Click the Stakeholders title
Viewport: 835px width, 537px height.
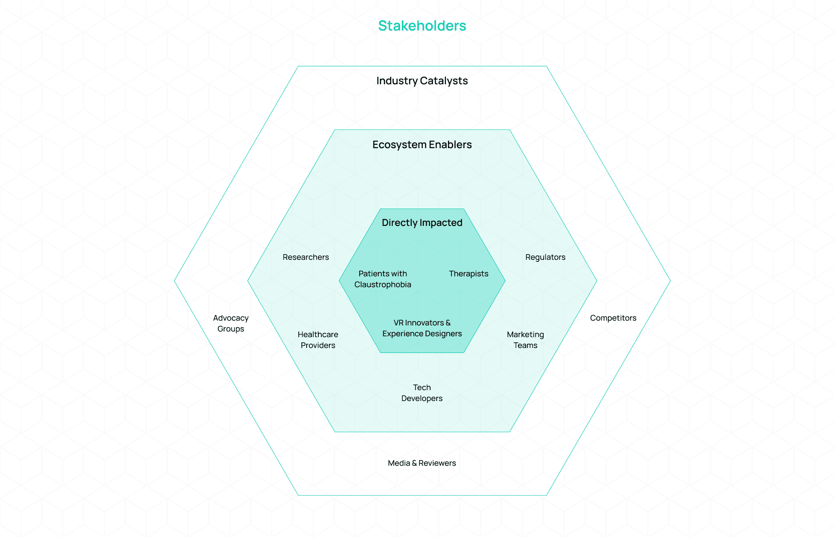pyautogui.click(x=422, y=26)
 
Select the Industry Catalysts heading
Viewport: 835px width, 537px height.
pyautogui.click(x=422, y=81)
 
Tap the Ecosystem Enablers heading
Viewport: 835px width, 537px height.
pyautogui.click(x=422, y=145)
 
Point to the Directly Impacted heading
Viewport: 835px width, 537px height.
pyautogui.click(x=422, y=223)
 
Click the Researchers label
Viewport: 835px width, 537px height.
pyautogui.click(x=306, y=257)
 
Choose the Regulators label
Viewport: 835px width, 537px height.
pyautogui.click(x=545, y=257)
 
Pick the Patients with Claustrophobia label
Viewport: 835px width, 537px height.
pyautogui.click(x=383, y=279)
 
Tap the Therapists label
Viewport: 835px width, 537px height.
pyautogui.click(x=468, y=274)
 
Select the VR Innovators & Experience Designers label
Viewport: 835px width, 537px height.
pyautogui.click(x=422, y=328)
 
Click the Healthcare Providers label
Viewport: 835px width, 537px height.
pyautogui.click(x=318, y=340)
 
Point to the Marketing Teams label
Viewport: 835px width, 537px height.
pyautogui.click(x=525, y=340)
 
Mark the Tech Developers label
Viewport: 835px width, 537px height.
pyautogui.click(x=422, y=393)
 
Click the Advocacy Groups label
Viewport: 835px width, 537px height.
pyautogui.click(x=230, y=323)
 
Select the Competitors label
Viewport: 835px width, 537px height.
pyautogui.click(x=613, y=318)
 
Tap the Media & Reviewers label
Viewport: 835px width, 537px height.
pyautogui.click(x=422, y=463)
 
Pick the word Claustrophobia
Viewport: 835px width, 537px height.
pyautogui.click(x=383, y=285)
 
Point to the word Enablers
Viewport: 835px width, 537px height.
pyautogui.click(x=450, y=145)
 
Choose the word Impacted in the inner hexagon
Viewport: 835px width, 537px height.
pyautogui.click(x=442, y=223)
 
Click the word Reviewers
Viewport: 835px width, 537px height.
pyautogui.click(x=437, y=463)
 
